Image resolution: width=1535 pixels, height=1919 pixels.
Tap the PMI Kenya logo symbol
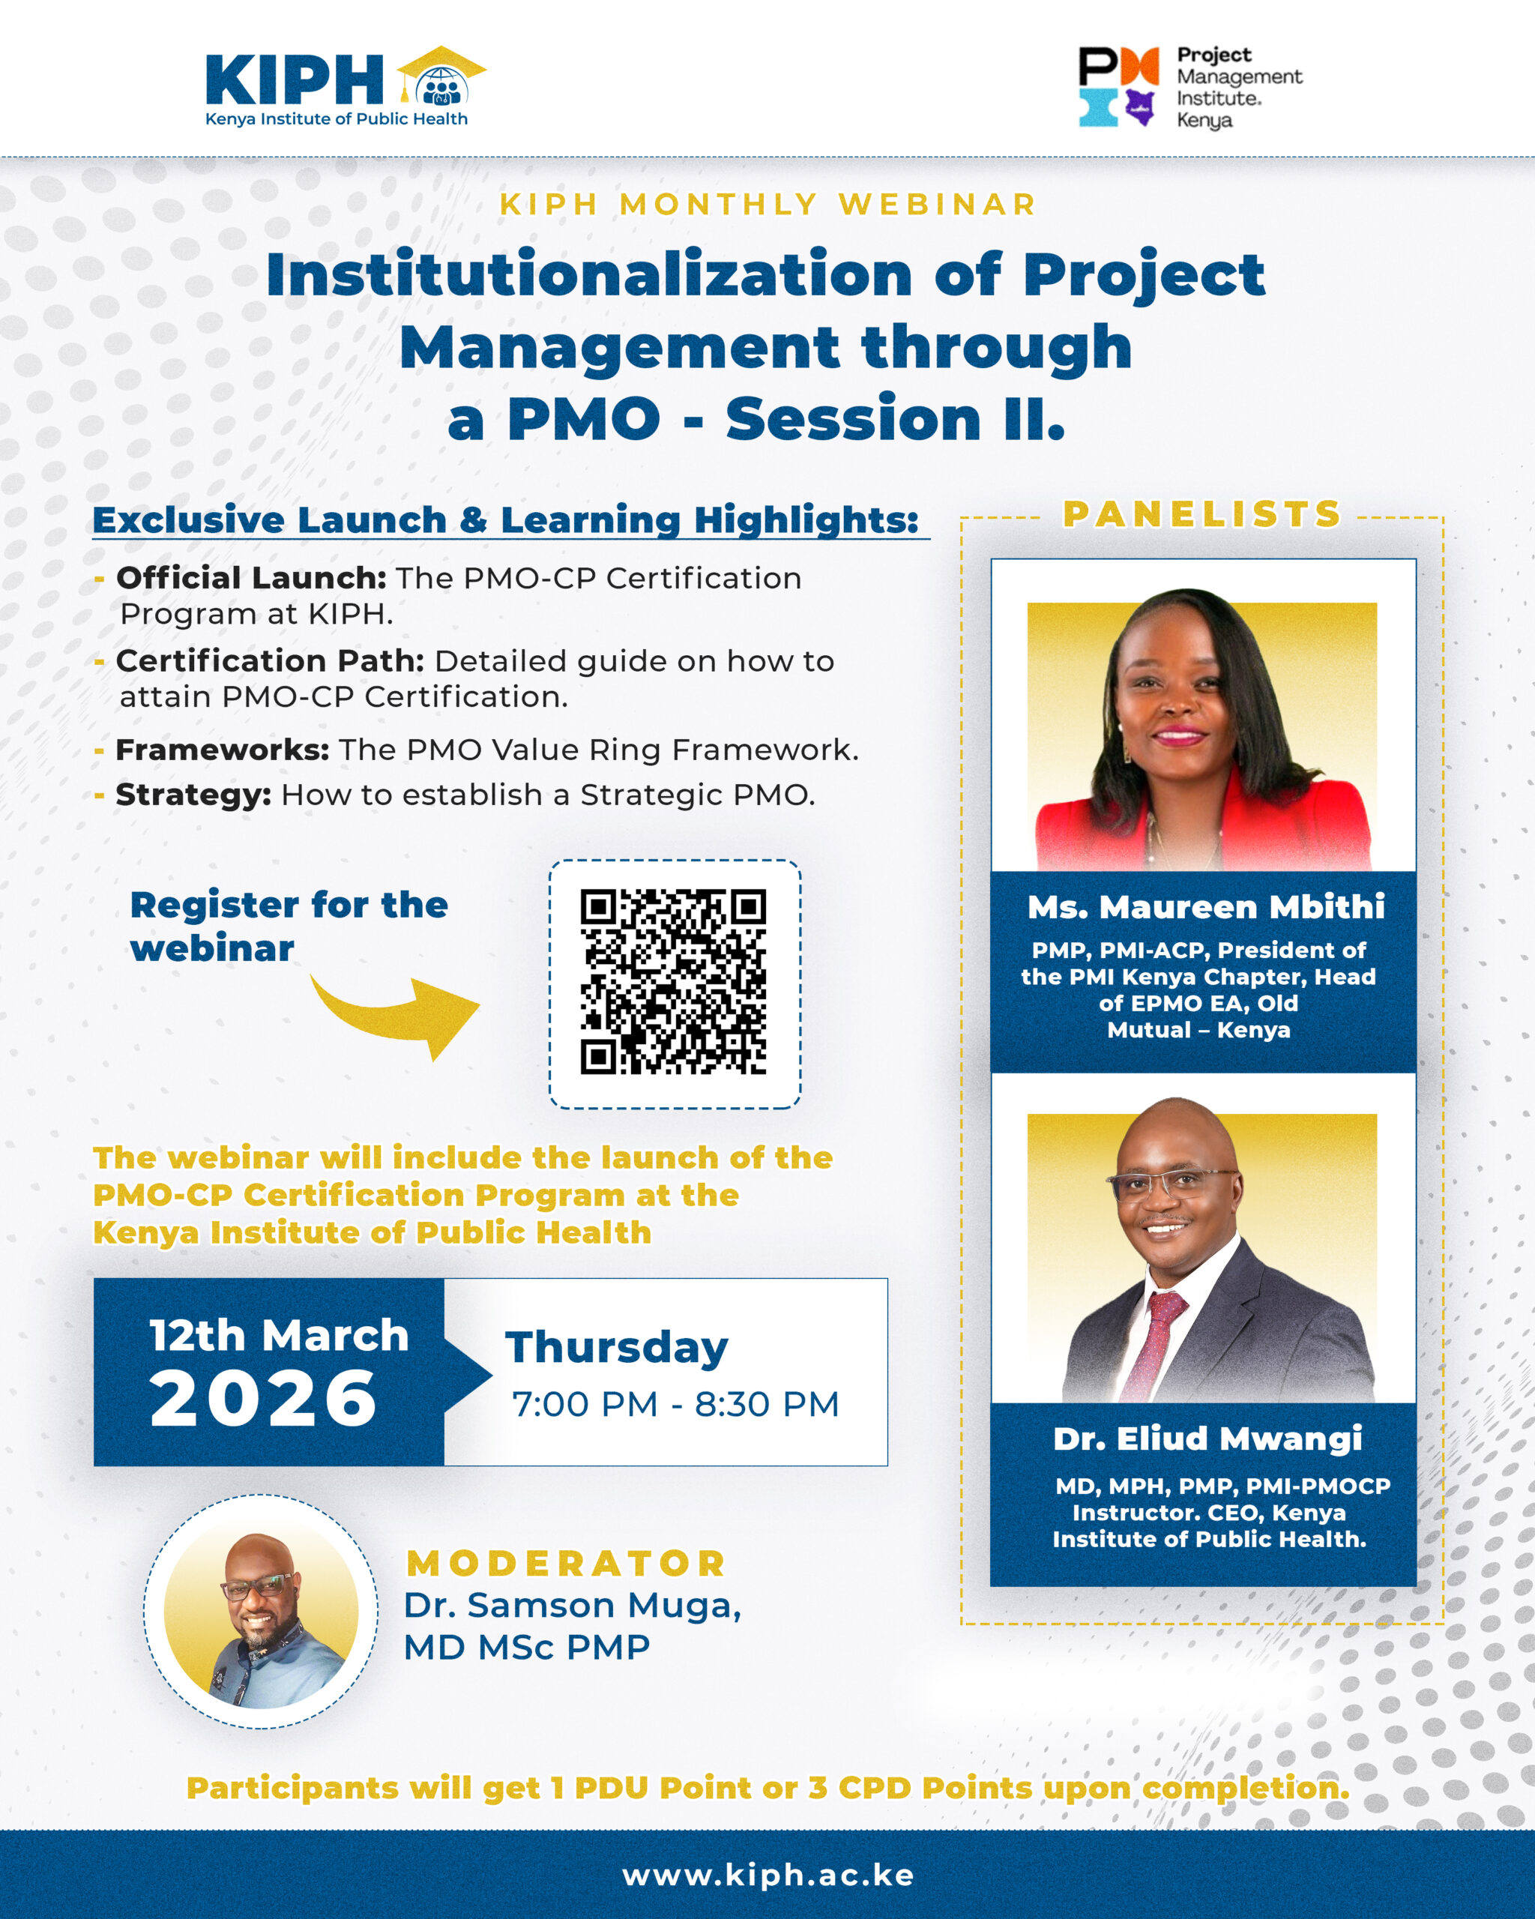coord(1118,86)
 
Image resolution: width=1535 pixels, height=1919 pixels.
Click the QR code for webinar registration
coord(674,982)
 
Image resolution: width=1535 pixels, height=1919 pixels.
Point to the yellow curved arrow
coord(396,1015)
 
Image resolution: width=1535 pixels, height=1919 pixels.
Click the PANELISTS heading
coord(1202,513)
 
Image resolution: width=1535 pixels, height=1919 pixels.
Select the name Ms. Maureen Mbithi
coord(1206,907)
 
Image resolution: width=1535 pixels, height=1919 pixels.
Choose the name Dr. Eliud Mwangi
coord(1207,1439)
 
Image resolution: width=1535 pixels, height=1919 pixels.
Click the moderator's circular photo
coord(261,1612)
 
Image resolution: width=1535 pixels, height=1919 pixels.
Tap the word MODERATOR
coord(566,1564)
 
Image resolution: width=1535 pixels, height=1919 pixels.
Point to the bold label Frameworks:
coord(223,750)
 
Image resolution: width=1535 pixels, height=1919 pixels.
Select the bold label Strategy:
coord(193,795)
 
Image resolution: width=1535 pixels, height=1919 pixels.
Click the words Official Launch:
coord(251,578)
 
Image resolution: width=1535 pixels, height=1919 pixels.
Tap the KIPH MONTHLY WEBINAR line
coord(768,204)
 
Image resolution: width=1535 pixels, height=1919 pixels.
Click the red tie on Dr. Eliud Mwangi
coord(1153,1344)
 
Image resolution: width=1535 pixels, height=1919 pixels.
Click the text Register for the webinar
coord(289,927)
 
